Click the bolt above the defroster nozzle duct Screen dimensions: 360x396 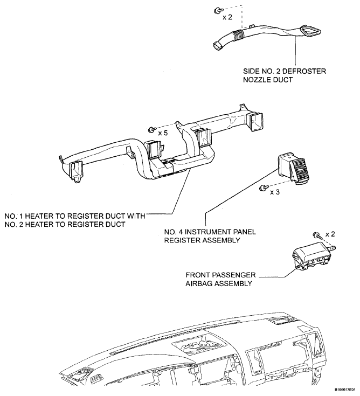point(218,10)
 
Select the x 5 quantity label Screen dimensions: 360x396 point(163,133)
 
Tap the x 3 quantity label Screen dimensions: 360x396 point(275,192)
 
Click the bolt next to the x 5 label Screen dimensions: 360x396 point(152,129)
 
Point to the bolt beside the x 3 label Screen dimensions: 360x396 point(263,187)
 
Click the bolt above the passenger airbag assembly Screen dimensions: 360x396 point(317,235)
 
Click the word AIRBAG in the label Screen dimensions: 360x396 point(198,283)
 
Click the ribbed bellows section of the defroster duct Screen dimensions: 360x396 point(238,35)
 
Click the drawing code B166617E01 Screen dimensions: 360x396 point(345,390)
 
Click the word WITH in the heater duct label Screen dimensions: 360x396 point(136,216)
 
